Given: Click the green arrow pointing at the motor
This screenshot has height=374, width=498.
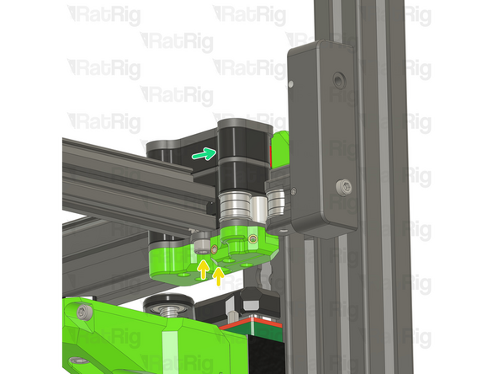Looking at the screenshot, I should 201,153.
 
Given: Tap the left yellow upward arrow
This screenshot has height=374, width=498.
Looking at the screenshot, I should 202,269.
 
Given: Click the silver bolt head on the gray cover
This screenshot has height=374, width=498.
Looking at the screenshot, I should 343,185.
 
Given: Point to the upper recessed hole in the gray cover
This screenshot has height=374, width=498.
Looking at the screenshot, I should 338,80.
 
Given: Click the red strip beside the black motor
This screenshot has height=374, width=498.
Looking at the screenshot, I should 271,152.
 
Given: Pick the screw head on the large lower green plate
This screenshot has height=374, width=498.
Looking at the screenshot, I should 82,313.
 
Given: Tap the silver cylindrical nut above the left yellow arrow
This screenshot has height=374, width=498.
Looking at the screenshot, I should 201,247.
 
